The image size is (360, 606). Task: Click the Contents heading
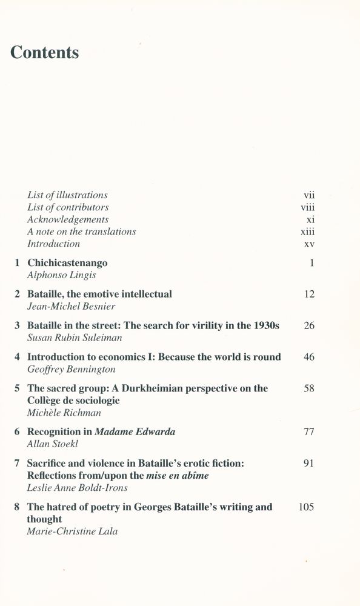click(x=45, y=53)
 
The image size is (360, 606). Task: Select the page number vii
click(x=308, y=195)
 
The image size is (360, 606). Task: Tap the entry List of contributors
click(x=68, y=207)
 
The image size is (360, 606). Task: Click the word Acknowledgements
click(x=68, y=219)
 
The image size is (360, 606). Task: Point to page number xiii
click(x=307, y=231)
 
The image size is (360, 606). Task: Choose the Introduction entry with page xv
click(x=53, y=244)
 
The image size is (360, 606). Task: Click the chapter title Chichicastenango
click(x=67, y=263)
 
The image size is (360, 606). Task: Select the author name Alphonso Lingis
click(x=62, y=275)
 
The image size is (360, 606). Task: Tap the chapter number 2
click(x=18, y=294)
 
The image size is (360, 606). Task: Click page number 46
click(x=308, y=357)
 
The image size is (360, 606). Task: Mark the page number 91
click(x=308, y=464)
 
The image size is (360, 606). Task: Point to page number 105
click(x=306, y=507)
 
